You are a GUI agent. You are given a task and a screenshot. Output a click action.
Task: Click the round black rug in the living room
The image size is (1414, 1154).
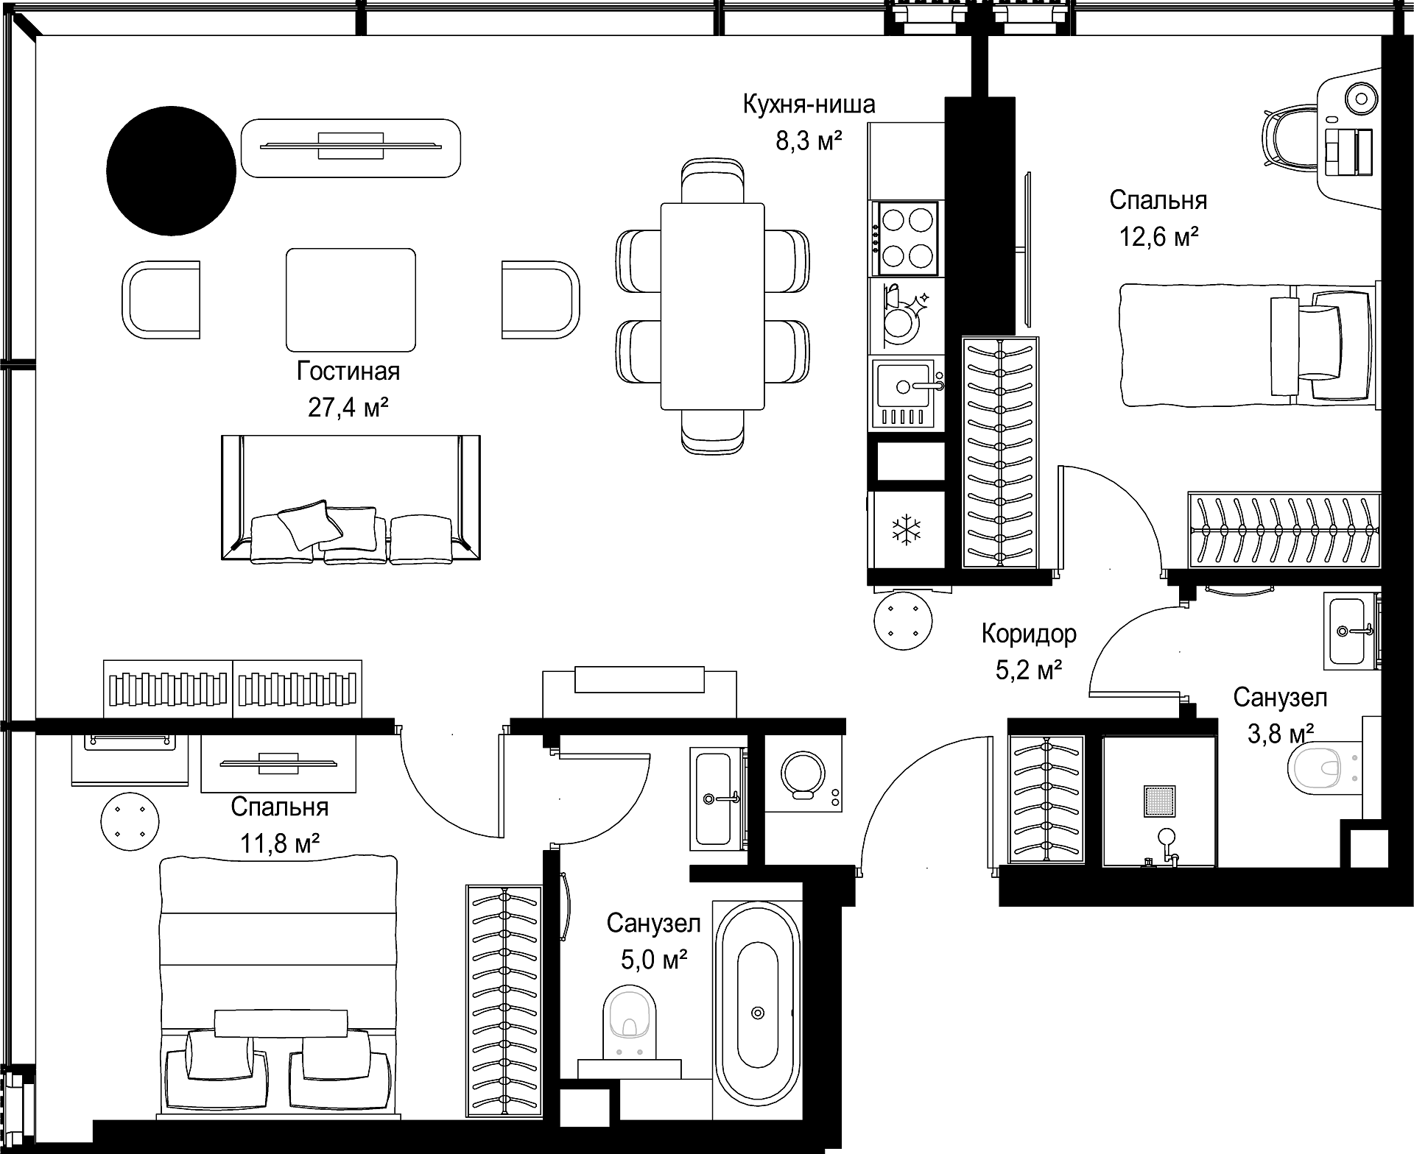coord(171,171)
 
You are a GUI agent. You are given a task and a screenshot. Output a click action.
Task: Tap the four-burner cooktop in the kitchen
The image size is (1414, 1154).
coord(906,238)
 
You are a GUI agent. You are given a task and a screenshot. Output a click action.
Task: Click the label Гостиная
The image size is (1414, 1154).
coord(348,372)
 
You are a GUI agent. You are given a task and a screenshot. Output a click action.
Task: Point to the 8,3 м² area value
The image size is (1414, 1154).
coord(809,140)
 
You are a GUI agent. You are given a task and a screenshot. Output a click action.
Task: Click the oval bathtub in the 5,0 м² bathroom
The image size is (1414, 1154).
coord(758,1013)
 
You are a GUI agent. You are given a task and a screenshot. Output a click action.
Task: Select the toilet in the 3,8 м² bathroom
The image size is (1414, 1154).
coord(1324,768)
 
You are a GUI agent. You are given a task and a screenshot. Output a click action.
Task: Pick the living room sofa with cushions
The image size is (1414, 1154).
coord(351,498)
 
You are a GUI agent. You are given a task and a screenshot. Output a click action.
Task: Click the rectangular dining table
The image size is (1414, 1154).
coord(712,306)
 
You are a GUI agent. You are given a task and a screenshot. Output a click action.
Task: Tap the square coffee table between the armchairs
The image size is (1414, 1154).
coord(351,300)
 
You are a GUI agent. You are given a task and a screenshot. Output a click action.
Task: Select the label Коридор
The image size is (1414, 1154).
coord(1029,634)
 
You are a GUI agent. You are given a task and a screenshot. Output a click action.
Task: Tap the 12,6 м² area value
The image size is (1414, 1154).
coord(1158,236)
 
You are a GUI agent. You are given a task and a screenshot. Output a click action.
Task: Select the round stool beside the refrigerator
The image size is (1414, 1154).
coord(903,620)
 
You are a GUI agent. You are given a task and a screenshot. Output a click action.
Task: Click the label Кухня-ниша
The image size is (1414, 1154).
coord(809,105)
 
